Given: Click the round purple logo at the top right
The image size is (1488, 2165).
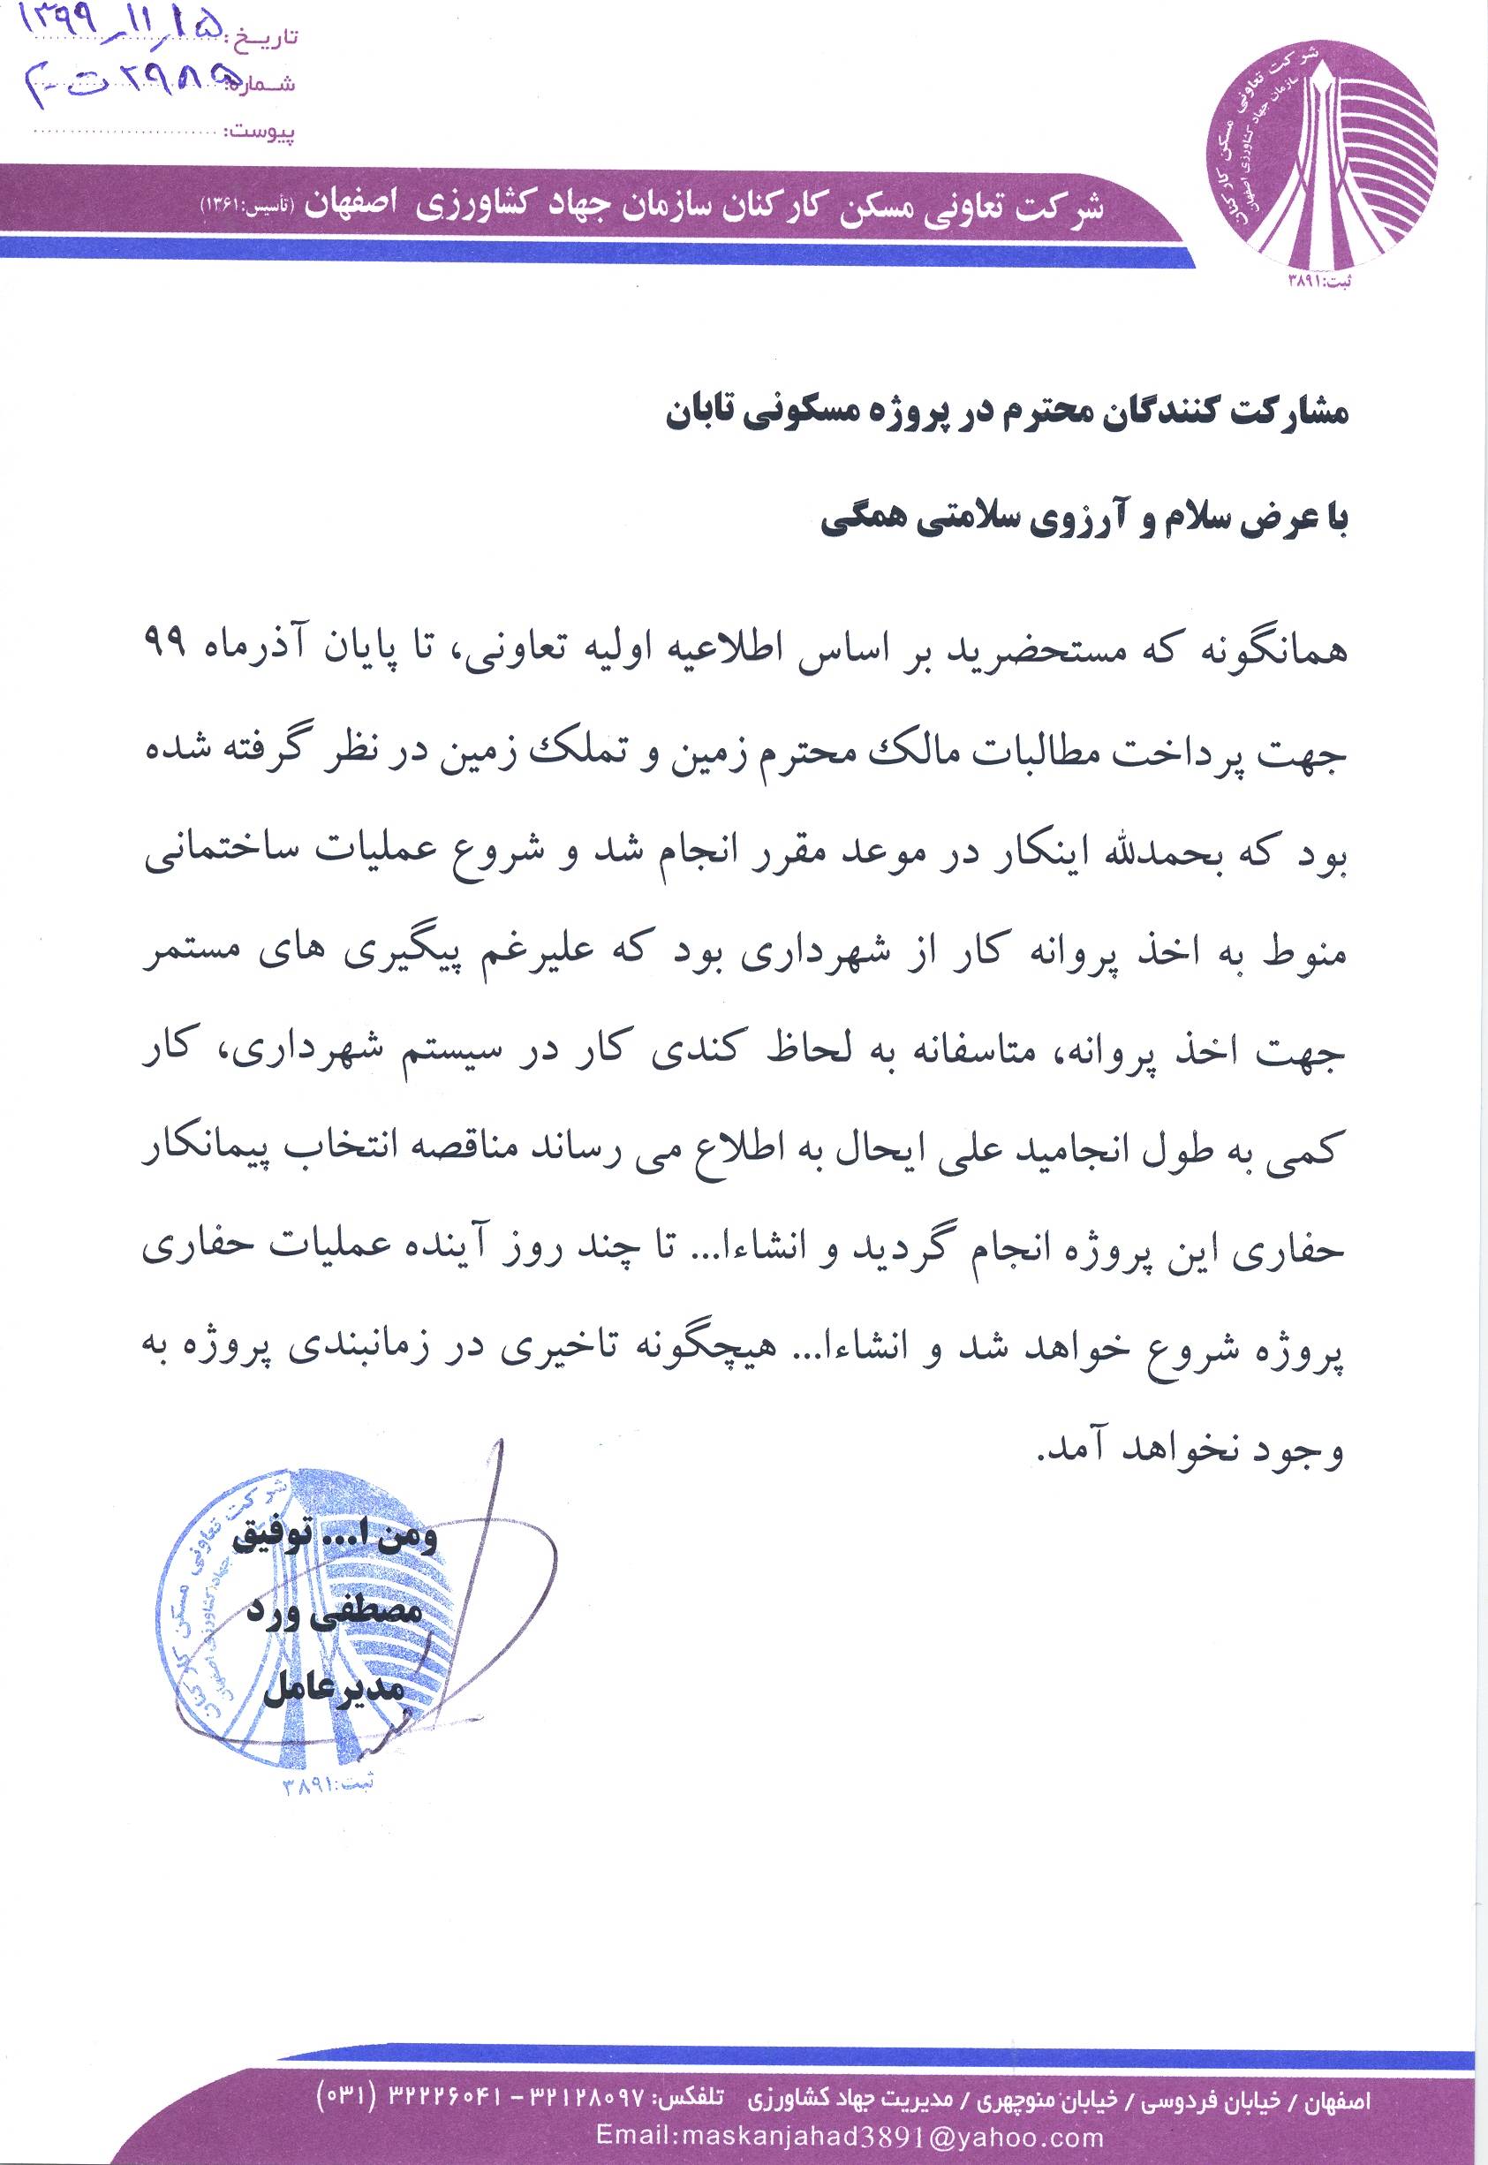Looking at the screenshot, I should coord(1321,154).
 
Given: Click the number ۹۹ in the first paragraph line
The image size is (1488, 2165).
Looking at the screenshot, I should coord(164,642).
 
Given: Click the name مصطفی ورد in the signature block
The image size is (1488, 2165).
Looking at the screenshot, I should coord(334,1611).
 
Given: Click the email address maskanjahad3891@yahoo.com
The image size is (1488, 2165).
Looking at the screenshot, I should coord(850,2136).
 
